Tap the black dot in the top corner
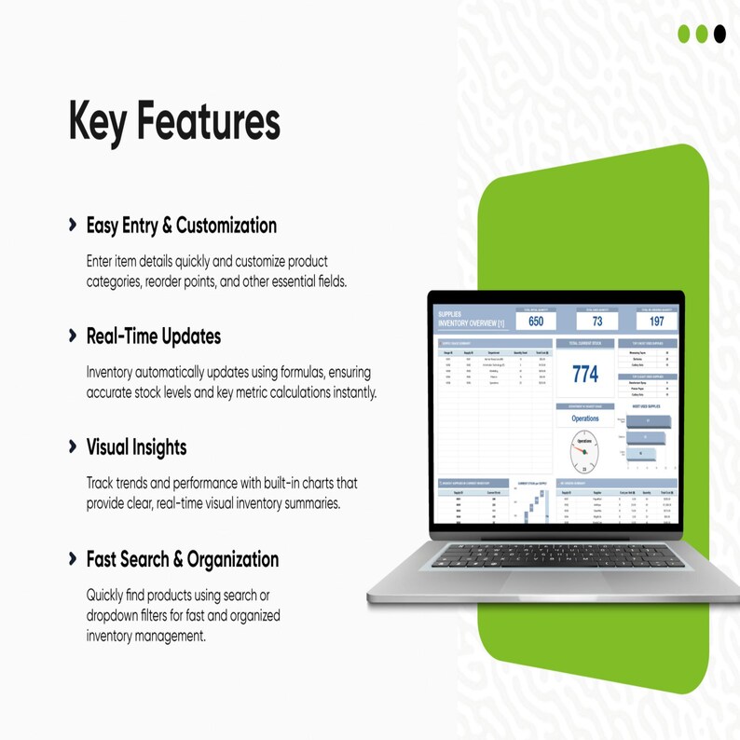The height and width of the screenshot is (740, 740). (x=719, y=34)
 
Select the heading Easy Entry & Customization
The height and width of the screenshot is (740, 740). (x=181, y=226)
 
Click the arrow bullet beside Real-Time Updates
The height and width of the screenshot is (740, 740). (x=73, y=336)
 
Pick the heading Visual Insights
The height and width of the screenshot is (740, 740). (x=136, y=447)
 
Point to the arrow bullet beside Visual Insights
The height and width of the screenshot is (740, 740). (x=73, y=447)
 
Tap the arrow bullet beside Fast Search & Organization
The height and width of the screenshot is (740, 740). (x=73, y=559)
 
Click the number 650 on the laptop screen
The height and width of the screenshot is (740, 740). (x=535, y=322)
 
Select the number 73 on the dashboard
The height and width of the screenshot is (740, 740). (x=596, y=322)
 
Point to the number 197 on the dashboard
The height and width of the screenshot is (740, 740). (x=656, y=322)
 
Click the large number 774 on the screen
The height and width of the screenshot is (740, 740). (x=585, y=374)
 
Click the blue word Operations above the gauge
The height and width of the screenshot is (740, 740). (x=585, y=419)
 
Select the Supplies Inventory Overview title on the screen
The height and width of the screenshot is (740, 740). (x=471, y=320)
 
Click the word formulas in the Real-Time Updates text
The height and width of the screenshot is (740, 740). (x=263, y=373)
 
